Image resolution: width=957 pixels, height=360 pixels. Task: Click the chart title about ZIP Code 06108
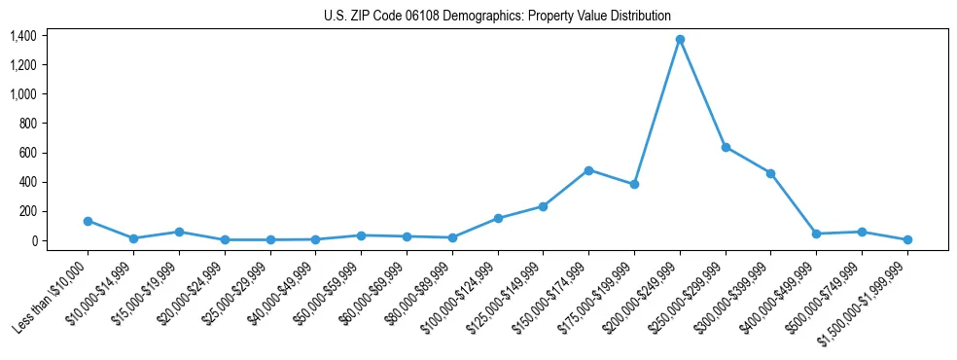pyautogui.click(x=497, y=17)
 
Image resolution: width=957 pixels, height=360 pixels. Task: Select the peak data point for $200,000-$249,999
pyautogui.click(x=680, y=40)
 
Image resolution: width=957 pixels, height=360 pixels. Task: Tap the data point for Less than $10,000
pyautogui.click(x=88, y=221)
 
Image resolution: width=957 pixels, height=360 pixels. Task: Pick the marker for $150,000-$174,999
pyautogui.click(x=588, y=170)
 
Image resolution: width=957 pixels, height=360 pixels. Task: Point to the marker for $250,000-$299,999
pyautogui.click(x=726, y=147)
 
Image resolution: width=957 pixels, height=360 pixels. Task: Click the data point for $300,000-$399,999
pyautogui.click(x=770, y=173)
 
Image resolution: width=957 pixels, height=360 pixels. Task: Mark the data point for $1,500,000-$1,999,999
pyautogui.click(x=907, y=239)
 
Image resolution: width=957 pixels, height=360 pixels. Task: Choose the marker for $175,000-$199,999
pyautogui.click(x=634, y=184)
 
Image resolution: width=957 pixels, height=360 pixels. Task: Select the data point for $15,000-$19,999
pyautogui.click(x=179, y=232)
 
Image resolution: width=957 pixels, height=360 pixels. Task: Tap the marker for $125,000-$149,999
pyautogui.click(x=543, y=206)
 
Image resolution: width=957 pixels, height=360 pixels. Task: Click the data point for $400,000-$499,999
pyautogui.click(x=816, y=234)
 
